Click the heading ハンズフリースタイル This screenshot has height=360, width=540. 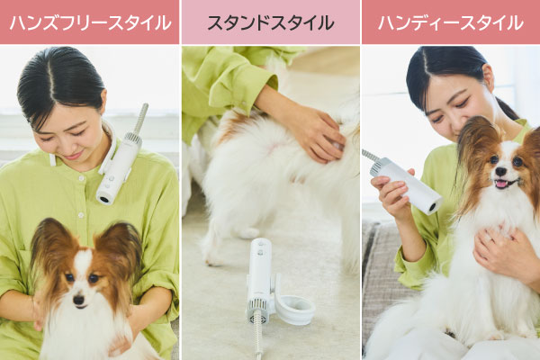(90, 22)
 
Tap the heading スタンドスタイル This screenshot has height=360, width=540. (271, 22)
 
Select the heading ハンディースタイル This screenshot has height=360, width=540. (451, 22)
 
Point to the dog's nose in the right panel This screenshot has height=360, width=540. (500, 171)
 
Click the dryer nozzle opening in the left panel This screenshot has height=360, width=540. (103, 198)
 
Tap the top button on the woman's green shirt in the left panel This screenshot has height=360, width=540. (81, 178)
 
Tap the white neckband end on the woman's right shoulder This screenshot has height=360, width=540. (52, 160)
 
